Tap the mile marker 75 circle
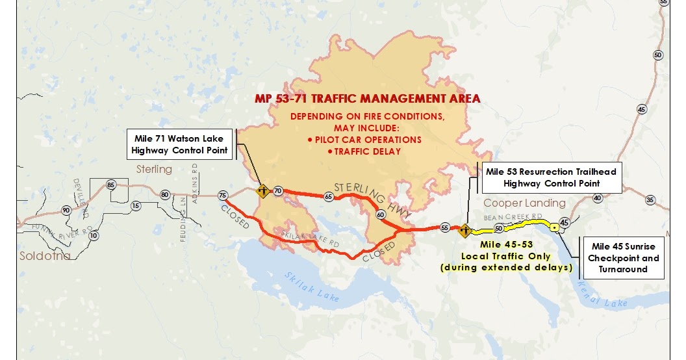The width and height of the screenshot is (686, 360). pyautogui.click(x=223, y=195)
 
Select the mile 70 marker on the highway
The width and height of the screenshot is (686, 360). pyautogui.click(x=278, y=191)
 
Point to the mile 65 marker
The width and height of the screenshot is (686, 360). pyautogui.click(x=329, y=196)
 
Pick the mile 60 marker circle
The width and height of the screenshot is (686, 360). pyautogui.click(x=381, y=214)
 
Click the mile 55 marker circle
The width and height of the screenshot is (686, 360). pyautogui.click(x=445, y=228)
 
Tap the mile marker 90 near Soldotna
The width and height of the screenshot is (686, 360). pyautogui.click(x=66, y=210)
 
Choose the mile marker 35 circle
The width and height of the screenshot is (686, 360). pyautogui.click(x=650, y=199)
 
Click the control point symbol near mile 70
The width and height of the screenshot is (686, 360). pyautogui.click(x=263, y=191)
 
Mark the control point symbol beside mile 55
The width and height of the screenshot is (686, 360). pyautogui.click(x=464, y=229)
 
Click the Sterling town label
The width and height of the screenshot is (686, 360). pyautogui.click(x=154, y=170)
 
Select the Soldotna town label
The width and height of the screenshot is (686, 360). pyautogui.click(x=36, y=256)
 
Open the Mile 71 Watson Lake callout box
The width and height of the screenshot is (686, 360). pyautogui.click(x=180, y=144)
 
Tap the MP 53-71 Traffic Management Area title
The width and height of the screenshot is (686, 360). pyautogui.click(x=368, y=99)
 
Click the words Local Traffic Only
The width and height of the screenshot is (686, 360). pyautogui.click(x=515, y=256)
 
